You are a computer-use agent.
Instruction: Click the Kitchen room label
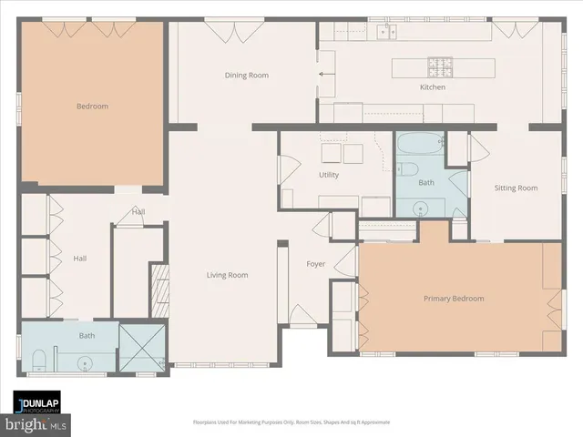(x=432, y=87)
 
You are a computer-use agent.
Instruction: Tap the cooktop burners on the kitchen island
(x=442, y=66)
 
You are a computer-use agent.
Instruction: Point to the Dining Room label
(x=246, y=76)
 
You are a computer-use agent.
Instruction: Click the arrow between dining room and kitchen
(x=321, y=76)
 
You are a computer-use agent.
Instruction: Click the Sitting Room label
(x=516, y=188)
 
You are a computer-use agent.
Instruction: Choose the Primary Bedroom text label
(x=453, y=299)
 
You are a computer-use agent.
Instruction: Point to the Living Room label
(x=227, y=275)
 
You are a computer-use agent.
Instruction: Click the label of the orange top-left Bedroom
(x=91, y=107)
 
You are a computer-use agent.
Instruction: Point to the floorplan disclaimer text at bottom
(x=291, y=422)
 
